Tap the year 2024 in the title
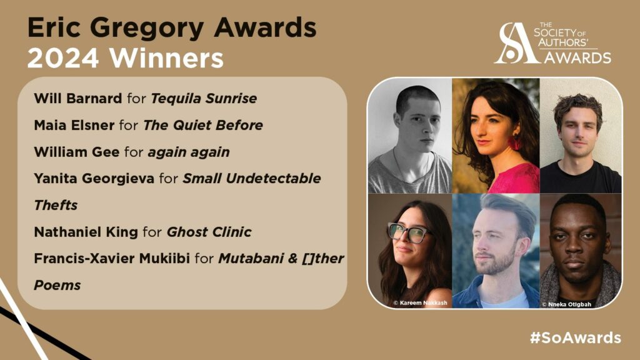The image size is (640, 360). pos(63,58)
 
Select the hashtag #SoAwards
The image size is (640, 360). pos(576,337)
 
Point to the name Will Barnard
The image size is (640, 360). pos(78,98)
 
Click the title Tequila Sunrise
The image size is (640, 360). pos(204,99)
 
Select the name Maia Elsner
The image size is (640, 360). pos(74,125)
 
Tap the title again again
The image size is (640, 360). pos(189,152)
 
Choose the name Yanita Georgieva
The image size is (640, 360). pos(94,179)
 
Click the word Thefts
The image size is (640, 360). pos(56,205)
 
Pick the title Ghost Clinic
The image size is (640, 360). pos(209,232)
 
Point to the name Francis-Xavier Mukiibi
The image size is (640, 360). pos(112,258)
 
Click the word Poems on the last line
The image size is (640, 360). pos(57,285)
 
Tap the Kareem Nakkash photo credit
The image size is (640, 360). pos(420,303)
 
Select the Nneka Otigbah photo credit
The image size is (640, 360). pos(566,304)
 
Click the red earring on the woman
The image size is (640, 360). pos(514,142)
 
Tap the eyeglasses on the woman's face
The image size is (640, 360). pos(409,232)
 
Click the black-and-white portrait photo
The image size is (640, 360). pos(410,136)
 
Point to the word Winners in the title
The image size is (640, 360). pos(166,58)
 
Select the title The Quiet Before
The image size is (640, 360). pos(203,125)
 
